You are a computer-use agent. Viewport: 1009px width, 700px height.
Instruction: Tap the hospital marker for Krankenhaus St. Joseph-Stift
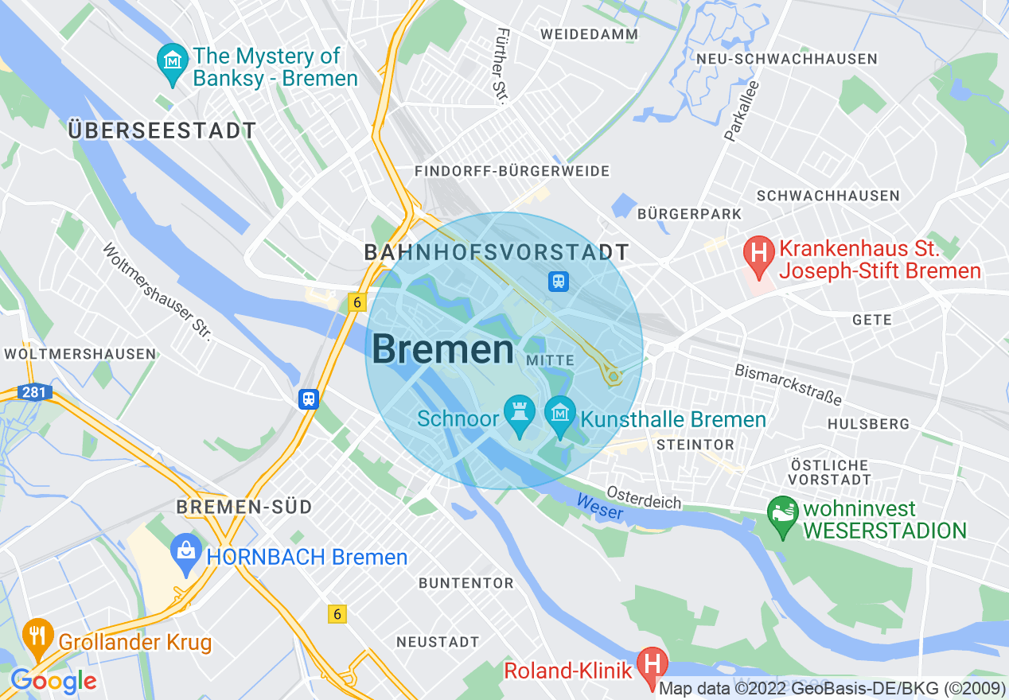[758, 255]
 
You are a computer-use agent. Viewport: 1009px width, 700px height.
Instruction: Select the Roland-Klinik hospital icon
[653, 662]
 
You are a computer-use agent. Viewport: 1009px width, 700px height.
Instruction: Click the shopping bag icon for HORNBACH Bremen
[186, 550]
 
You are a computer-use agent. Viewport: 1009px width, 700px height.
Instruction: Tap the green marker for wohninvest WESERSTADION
[782, 512]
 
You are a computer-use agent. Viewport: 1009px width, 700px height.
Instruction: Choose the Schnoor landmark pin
[520, 414]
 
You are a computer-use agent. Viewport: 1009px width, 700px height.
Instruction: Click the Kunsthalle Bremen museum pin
[560, 414]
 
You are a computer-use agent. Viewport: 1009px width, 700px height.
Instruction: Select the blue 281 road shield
[35, 392]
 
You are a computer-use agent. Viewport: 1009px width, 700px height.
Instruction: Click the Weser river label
[599, 507]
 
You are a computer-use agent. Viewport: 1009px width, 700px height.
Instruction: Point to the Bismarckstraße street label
[788, 384]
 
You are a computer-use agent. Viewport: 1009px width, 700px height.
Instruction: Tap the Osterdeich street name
[644, 498]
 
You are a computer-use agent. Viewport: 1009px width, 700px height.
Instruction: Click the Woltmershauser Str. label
[158, 292]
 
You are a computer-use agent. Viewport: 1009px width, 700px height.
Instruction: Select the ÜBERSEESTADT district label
[162, 131]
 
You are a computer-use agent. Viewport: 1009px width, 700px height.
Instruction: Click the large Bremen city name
[442, 350]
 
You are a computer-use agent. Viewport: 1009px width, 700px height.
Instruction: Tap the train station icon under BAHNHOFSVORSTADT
[559, 280]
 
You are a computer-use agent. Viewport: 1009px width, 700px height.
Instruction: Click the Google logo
[54, 681]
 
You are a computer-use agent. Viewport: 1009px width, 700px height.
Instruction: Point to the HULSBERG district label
[868, 425]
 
